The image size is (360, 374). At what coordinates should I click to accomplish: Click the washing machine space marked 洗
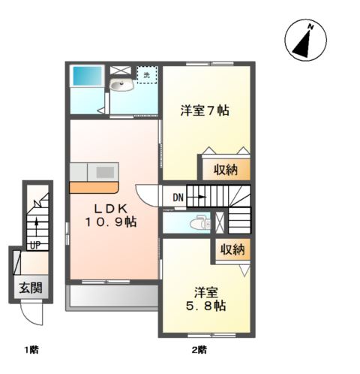coord(147,74)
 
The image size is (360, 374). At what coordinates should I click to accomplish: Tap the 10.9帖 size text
coord(109,222)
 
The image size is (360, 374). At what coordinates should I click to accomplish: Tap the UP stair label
coord(34,245)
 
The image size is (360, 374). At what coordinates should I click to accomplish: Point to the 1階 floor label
coord(31,349)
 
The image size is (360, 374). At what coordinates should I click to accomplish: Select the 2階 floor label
coord(199,349)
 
